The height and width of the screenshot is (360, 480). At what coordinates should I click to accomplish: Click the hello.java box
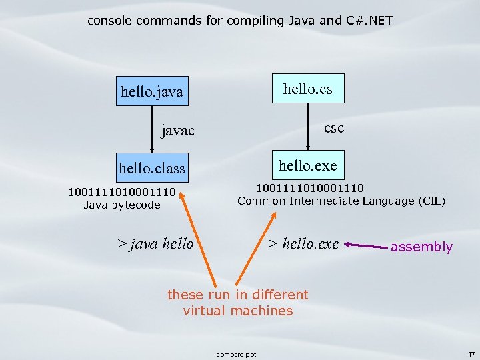pyautogui.click(x=151, y=91)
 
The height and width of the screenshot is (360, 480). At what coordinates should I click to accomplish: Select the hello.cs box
pyautogui.click(x=308, y=88)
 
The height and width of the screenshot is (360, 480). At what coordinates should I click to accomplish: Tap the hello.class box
pyautogui.click(x=151, y=168)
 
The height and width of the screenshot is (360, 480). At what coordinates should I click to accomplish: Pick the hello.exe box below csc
pyautogui.click(x=308, y=165)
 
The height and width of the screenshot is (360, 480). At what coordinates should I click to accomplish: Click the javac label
pyautogui.click(x=178, y=131)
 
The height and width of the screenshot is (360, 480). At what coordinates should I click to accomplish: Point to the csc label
pyautogui.click(x=333, y=127)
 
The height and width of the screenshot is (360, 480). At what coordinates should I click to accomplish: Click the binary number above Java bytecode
pyautogui.click(x=122, y=193)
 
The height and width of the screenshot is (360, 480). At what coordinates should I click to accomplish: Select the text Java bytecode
pyautogui.click(x=122, y=205)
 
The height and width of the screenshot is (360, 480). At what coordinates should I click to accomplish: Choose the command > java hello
pyautogui.click(x=155, y=243)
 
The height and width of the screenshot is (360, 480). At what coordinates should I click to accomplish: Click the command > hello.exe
pyautogui.click(x=303, y=243)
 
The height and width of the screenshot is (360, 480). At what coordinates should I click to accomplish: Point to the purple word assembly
pyautogui.click(x=421, y=247)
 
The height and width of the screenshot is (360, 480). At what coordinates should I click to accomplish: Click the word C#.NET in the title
pyautogui.click(x=369, y=21)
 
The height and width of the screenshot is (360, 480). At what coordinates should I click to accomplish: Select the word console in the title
pyautogui.click(x=109, y=21)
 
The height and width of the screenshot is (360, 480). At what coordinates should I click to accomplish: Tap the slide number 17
pyautogui.click(x=471, y=353)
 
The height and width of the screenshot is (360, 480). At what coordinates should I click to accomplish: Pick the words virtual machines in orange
pyautogui.click(x=238, y=311)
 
